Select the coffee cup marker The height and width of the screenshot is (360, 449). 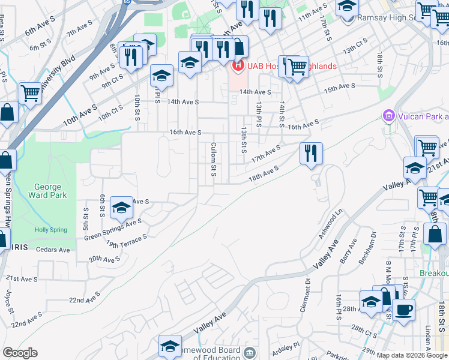coord(403,311)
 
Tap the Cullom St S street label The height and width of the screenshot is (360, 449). coord(214,160)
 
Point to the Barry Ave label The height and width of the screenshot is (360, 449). coord(348,251)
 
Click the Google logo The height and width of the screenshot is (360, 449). coord(20,353)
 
